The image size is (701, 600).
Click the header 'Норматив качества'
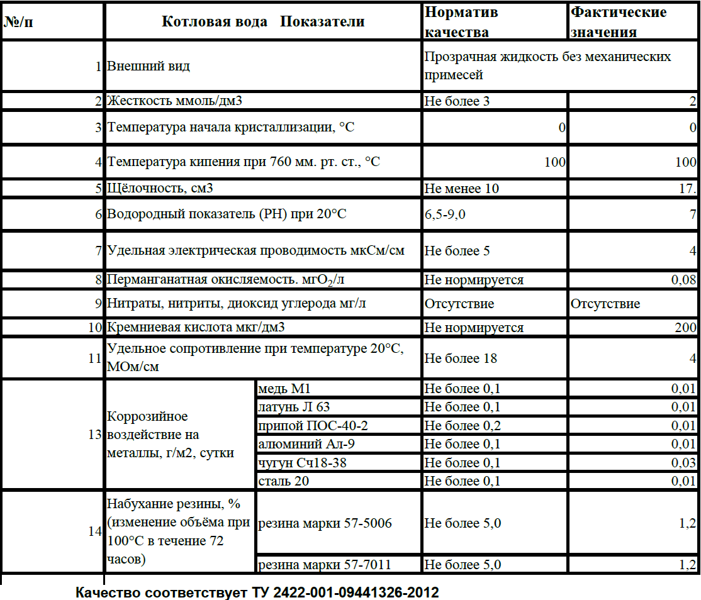coord(461,21)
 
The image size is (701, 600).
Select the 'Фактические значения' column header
coord(618,21)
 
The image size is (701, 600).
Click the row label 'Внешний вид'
coord(149,66)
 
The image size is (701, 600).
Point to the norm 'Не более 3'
coord(457,101)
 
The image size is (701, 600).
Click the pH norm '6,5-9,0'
coord(445,214)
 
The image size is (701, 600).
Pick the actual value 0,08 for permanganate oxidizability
coord(683,280)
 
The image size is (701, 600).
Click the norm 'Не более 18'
coord(461,358)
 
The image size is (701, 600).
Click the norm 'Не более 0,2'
coord(463,426)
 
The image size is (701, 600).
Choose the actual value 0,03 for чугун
coord(683,463)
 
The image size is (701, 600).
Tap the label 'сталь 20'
coord(284,481)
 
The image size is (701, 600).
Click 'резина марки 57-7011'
coord(325,565)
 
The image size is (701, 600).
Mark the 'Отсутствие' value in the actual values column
coord(605,304)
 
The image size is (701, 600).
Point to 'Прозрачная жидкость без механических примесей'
coord(547,65)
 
